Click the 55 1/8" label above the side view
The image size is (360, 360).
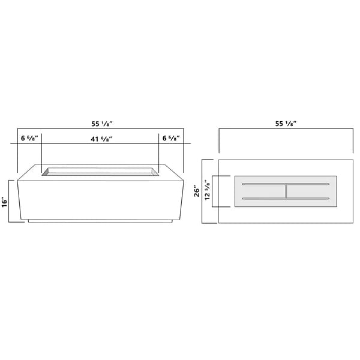pos(102,124)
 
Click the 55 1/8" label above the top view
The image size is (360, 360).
pos(286,124)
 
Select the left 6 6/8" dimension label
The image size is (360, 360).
pos(29,138)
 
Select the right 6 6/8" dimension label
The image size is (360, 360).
pos(171,138)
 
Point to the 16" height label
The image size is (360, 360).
pos(5,202)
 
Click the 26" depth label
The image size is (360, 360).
pos(197,191)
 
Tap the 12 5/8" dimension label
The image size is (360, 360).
pos(208,190)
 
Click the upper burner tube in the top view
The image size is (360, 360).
pos(286,184)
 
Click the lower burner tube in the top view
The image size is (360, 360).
pos(286,199)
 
